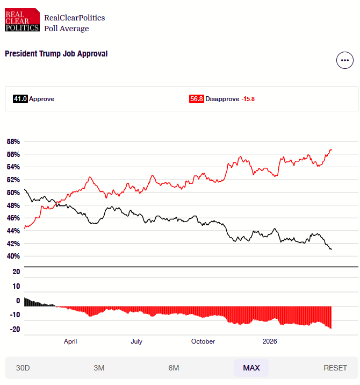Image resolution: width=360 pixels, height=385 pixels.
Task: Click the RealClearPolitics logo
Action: (22, 20)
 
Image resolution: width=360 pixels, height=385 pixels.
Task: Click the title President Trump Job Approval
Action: (56, 54)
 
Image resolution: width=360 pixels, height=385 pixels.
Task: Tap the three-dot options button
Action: (344, 60)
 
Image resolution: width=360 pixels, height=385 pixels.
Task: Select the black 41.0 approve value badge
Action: (20, 99)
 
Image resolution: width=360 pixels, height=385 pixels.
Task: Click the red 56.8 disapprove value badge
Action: (196, 99)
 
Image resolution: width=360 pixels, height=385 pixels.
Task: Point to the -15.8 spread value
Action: (248, 99)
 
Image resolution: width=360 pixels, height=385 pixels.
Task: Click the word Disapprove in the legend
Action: (222, 99)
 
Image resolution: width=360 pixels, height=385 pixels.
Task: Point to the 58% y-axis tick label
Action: (13, 142)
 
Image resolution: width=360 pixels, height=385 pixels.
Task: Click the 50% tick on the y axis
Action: (13, 192)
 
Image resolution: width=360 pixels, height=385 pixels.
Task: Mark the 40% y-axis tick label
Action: (13, 256)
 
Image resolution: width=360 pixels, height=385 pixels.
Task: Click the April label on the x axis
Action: (70, 341)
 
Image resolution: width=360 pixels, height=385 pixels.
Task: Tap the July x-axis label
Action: (136, 341)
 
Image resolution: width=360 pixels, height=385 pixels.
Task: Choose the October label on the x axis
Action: (203, 341)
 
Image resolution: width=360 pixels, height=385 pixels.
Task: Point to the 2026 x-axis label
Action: (269, 341)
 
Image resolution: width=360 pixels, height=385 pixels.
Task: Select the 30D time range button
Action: (23, 368)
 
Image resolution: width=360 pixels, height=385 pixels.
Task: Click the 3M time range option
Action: (99, 368)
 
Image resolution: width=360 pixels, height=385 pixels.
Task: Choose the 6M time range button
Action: (174, 368)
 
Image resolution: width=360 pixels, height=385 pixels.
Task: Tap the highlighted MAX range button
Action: (251, 368)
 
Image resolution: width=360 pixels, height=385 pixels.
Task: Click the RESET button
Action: (335, 368)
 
